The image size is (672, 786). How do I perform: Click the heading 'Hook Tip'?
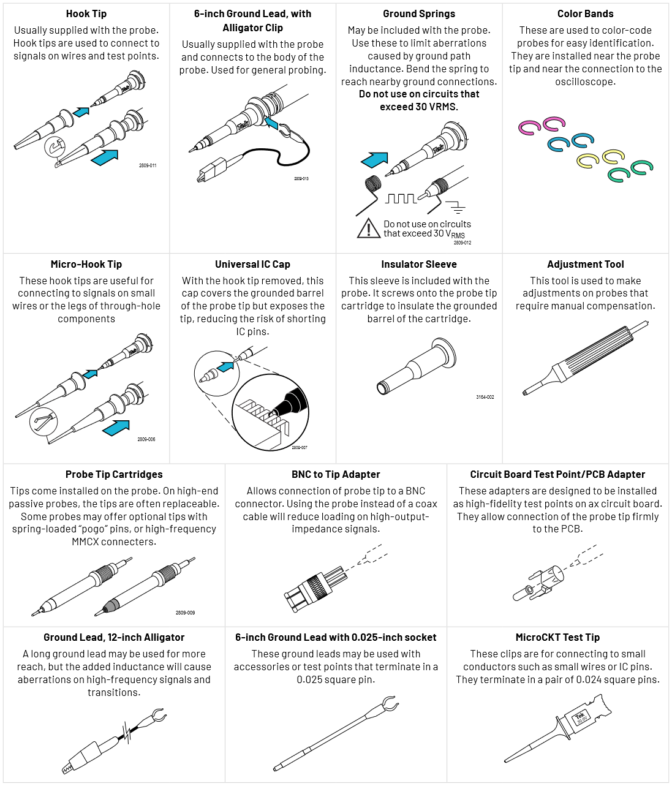86,13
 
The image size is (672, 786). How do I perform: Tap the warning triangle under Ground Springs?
368,229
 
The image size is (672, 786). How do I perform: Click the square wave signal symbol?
401,198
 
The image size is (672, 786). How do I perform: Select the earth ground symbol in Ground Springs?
455,206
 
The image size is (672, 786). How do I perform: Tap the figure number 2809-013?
301,179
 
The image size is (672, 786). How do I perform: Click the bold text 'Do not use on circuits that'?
419,94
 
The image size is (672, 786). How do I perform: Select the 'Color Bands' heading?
585,13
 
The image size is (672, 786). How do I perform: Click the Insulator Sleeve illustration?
416,368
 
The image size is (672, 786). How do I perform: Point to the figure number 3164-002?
485,397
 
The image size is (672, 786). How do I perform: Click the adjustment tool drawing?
585,358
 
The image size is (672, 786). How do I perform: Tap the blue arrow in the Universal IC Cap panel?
225,366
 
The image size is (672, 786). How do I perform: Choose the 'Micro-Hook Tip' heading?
86,264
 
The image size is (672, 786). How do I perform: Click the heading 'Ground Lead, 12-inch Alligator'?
114,637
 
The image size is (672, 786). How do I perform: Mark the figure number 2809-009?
185,613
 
